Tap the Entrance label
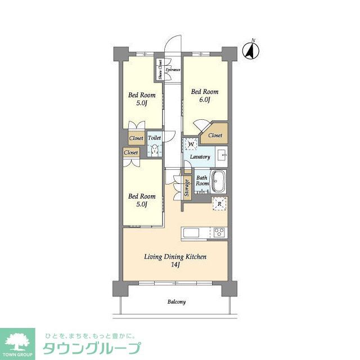pos(173,70)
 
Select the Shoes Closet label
pos(160,70)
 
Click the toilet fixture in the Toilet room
pos(154,149)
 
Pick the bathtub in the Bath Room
pos(219,182)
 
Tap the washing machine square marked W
pos(191,144)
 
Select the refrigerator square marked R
pos(219,204)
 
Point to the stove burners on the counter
pos(218,232)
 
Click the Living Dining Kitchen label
pos(175,260)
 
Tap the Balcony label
pos(176,302)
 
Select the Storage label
pos(186,188)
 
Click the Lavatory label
pos(200,157)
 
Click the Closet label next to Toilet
pos(136,138)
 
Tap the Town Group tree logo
pos(17,342)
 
